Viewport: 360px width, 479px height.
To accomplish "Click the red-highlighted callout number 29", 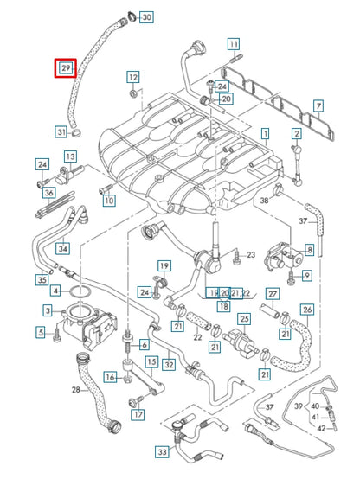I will click(x=65, y=68).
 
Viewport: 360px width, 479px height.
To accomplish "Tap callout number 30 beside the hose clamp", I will click(x=146, y=17).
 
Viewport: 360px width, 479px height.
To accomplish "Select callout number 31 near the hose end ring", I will click(x=61, y=132).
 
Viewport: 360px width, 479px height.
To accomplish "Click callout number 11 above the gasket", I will click(x=234, y=44).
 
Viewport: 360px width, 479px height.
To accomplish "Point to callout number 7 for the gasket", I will click(x=318, y=106).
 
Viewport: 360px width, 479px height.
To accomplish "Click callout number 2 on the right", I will click(x=296, y=133).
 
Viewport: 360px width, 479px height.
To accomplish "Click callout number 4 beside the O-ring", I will click(x=55, y=291).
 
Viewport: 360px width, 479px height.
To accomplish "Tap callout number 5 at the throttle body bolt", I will click(x=41, y=331).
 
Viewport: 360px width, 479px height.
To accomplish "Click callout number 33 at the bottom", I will click(x=162, y=450).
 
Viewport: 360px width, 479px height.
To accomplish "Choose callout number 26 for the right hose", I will click(x=306, y=310).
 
